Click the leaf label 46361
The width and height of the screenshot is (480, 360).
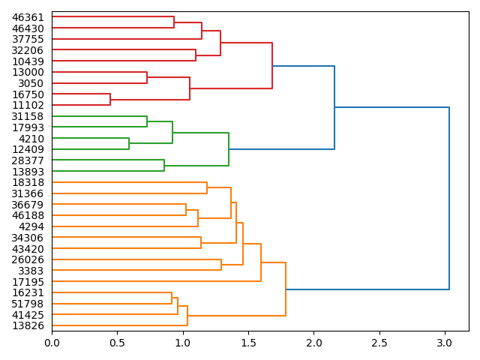28,17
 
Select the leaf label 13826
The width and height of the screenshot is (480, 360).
28,325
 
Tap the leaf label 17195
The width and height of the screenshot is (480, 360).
28,282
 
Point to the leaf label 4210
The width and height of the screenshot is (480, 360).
31,139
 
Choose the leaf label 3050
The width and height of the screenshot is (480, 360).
31,83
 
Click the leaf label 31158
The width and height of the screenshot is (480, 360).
28,116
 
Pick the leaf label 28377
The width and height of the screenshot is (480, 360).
28,160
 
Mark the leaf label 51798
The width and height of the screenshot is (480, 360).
28,304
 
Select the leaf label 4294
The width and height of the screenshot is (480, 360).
31,226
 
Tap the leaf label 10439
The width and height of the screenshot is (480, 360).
28,61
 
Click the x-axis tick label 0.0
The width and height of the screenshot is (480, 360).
52,343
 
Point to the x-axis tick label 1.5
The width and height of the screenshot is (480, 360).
248,343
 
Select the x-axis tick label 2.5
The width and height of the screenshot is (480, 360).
379,343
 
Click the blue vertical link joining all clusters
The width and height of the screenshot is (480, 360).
449,198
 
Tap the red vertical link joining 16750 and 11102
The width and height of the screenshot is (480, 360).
110,100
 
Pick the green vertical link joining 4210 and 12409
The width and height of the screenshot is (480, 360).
129,144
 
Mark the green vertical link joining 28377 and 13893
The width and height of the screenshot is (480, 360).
164,166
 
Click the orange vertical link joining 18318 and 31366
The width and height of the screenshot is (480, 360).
207,188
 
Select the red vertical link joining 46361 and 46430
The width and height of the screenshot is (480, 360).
174,22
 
